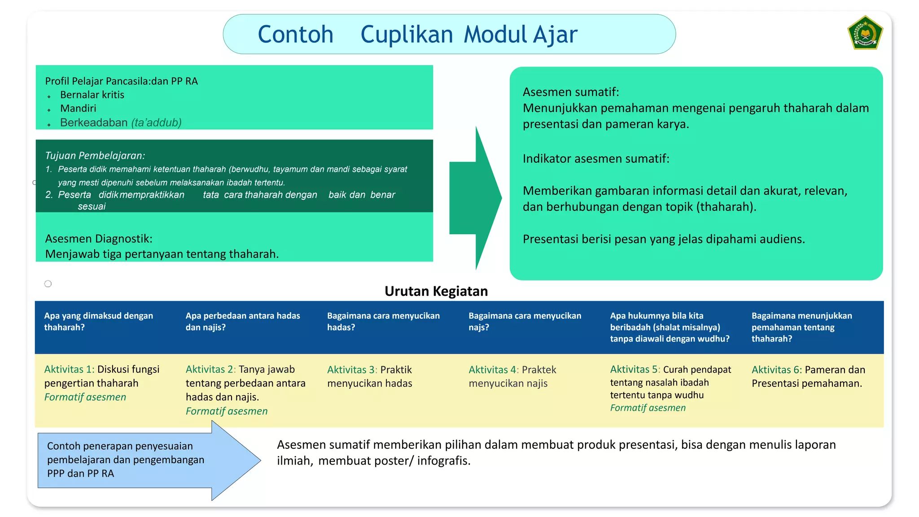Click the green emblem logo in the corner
865,32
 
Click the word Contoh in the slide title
295,35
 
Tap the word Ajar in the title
556,35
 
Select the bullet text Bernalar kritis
92,95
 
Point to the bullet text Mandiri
78,108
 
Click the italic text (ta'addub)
156,123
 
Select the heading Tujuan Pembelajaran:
95,156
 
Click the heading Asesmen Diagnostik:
99,238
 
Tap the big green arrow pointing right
476,197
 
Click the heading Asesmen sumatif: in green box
571,92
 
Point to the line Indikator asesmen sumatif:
596,158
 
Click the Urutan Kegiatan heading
436,291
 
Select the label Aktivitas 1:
69,369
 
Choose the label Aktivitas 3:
352,370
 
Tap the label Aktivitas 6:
777,370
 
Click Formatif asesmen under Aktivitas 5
648,408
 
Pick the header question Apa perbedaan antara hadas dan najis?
243,321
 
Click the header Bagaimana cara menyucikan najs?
525,321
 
